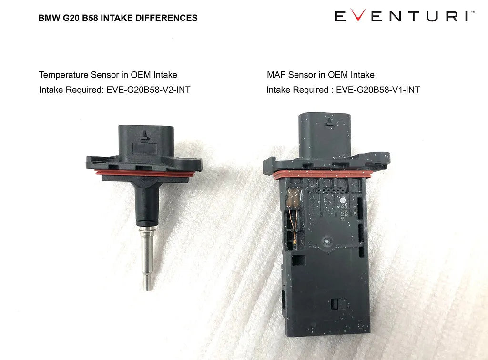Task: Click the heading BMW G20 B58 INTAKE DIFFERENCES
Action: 118,18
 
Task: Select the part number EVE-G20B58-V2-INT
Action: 148,90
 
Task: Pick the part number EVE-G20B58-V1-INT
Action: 378,90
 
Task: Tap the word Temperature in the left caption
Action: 63,75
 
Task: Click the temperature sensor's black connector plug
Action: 142,139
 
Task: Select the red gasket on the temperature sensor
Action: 143,173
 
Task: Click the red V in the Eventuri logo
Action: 361,16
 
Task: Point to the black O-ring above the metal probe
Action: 146,223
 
